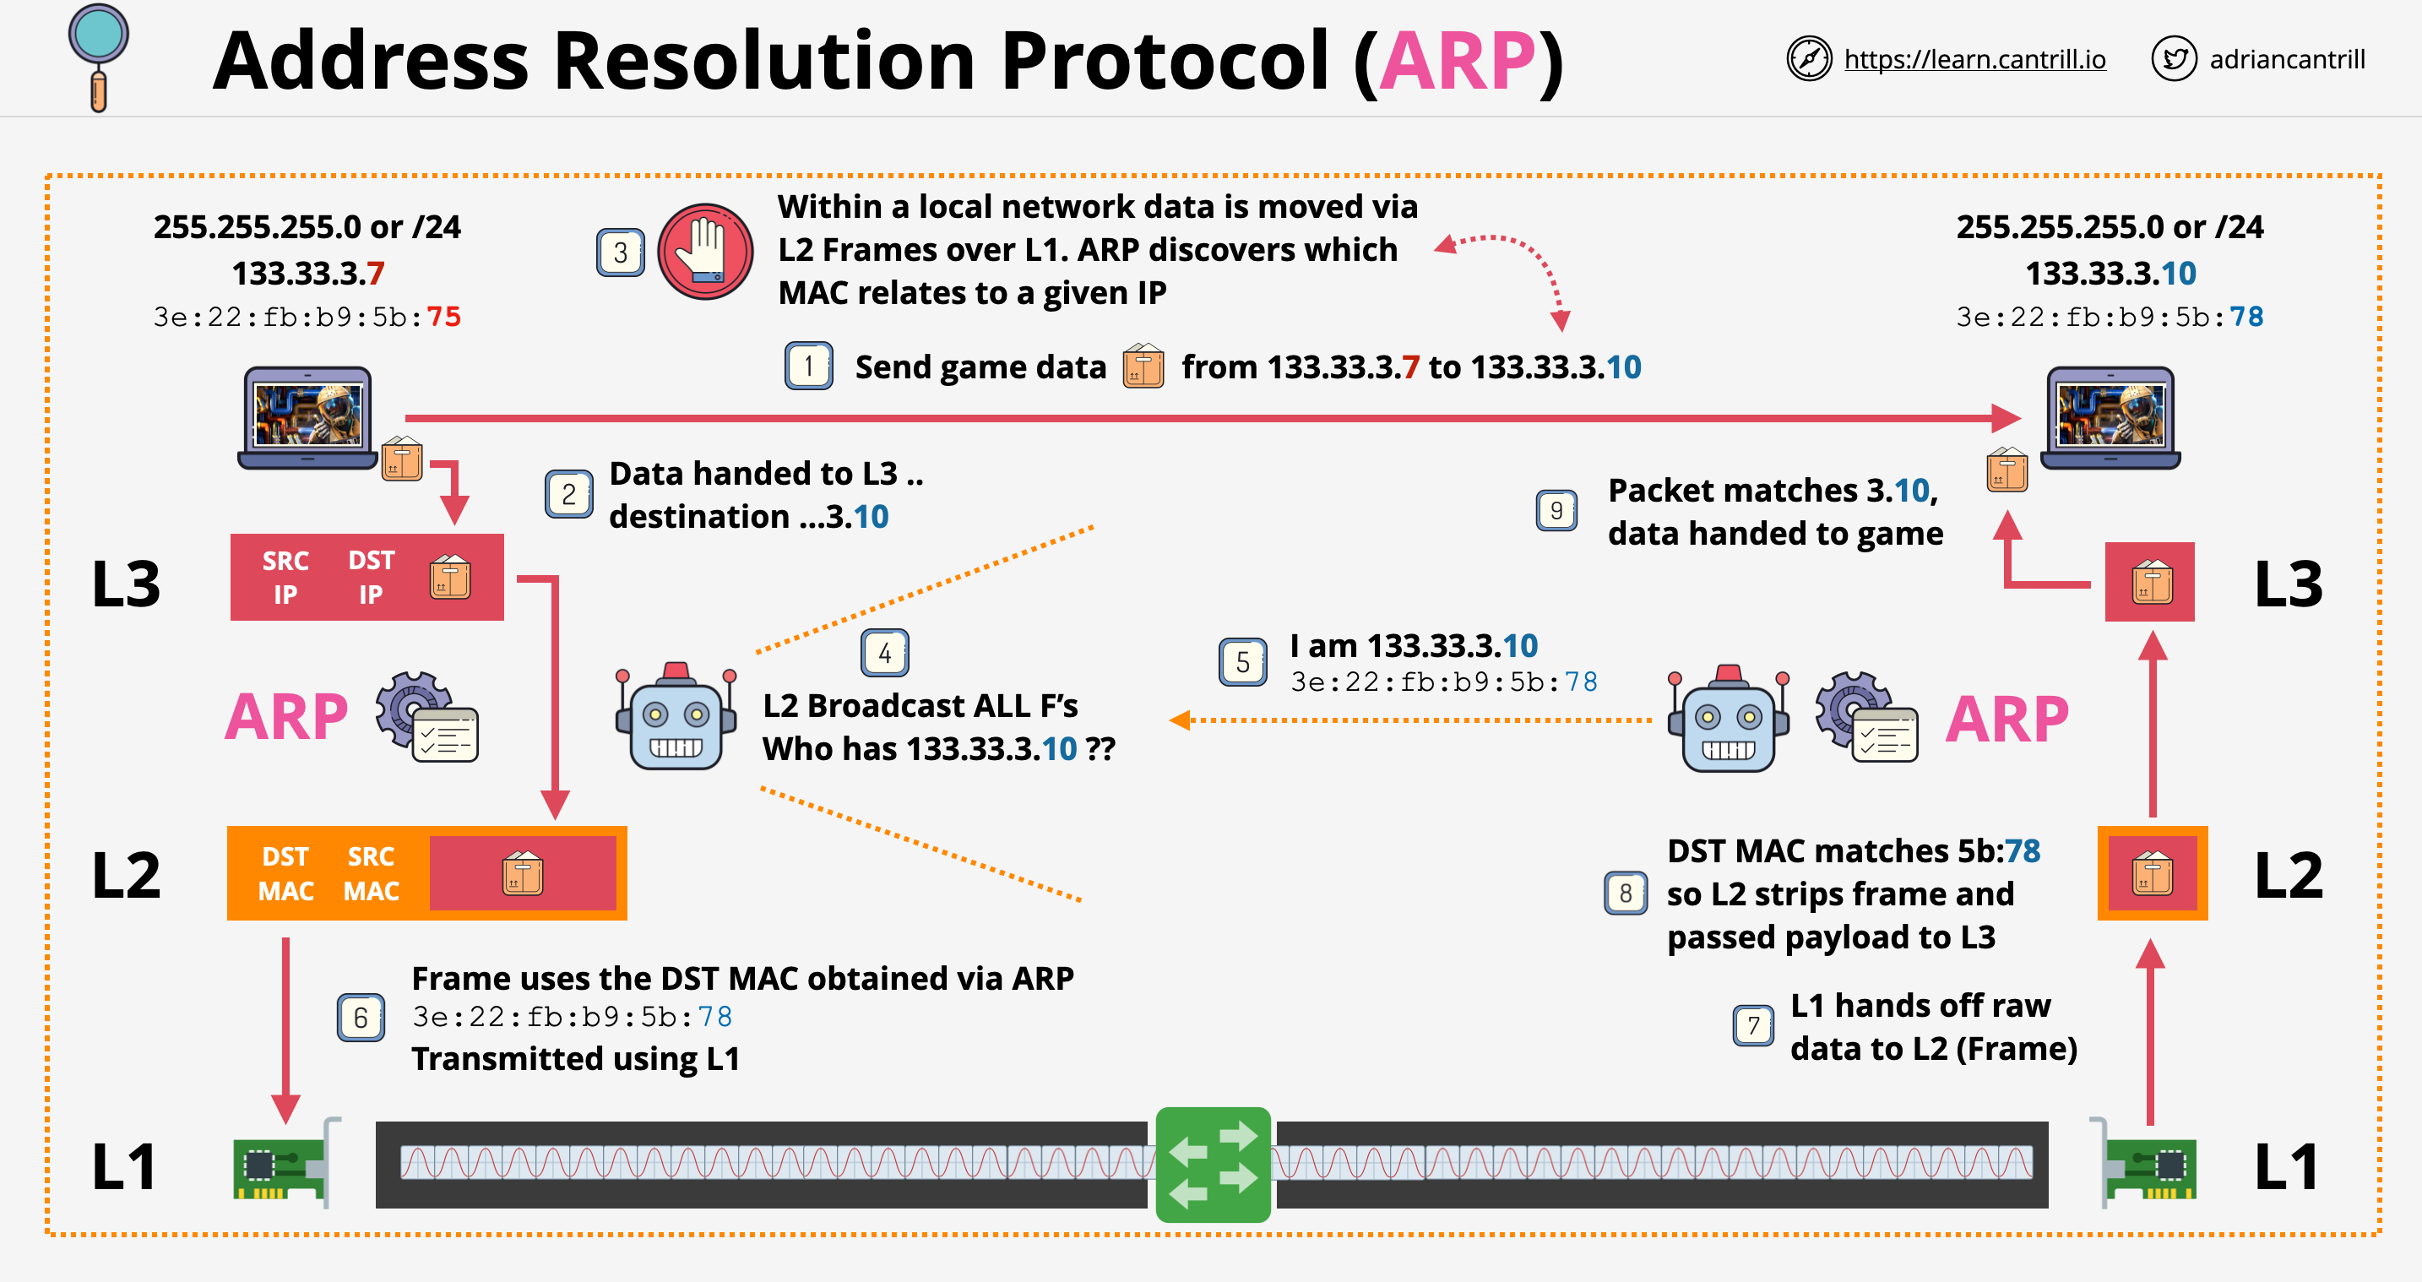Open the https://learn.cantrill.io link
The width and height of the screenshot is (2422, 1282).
tap(1974, 59)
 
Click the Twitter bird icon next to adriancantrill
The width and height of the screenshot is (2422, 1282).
tap(2173, 59)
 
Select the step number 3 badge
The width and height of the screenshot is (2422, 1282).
tap(620, 252)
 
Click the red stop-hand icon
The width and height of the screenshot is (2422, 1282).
tap(704, 251)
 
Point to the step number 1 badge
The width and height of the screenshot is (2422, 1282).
tap(807, 366)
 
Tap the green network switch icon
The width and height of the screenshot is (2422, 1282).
tap(1212, 1165)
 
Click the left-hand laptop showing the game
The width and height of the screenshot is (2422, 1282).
tap(307, 416)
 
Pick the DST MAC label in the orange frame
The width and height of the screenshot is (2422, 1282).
tap(285, 874)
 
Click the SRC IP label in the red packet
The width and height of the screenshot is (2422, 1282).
tap(285, 578)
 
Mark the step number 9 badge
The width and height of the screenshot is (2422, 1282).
tap(1556, 511)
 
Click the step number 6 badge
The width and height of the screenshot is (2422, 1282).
tap(360, 1018)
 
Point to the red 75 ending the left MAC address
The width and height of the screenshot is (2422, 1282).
tap(444, 317)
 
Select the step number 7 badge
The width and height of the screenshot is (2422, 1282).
tap(1752, 1025)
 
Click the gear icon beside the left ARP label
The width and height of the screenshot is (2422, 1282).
tap(414, 708)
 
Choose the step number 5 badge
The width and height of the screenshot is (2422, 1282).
tap(1242, 662)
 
